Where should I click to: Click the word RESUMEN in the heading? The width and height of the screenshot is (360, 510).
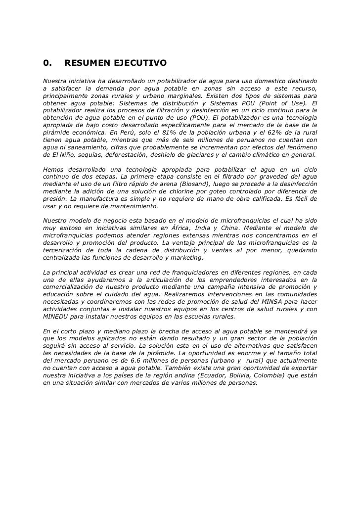pyautogui.click(x=88, y=63)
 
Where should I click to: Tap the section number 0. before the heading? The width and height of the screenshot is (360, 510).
pyautogui.click(x=47, y=63)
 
